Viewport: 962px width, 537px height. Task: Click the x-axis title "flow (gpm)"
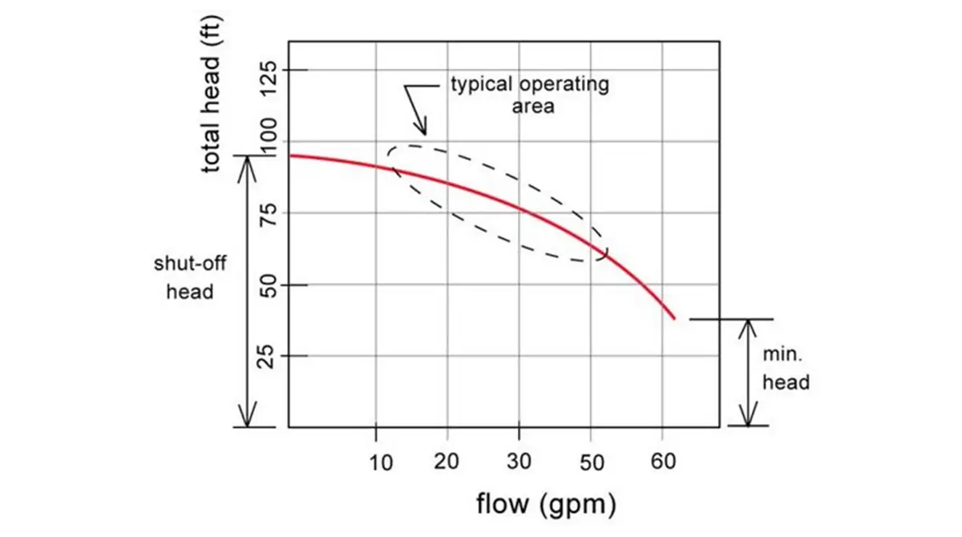pyautogui.click(x=546, y=504)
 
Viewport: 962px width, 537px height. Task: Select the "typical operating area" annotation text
pyautogui.click(x=529, y=95)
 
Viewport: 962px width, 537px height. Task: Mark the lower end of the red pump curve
pyautogui.click(x=675, y=319)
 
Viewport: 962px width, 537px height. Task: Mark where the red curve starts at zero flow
pyautogui.click(x=289, y=155)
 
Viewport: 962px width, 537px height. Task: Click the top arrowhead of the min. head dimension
pyautogui.click(x=748, y=323)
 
